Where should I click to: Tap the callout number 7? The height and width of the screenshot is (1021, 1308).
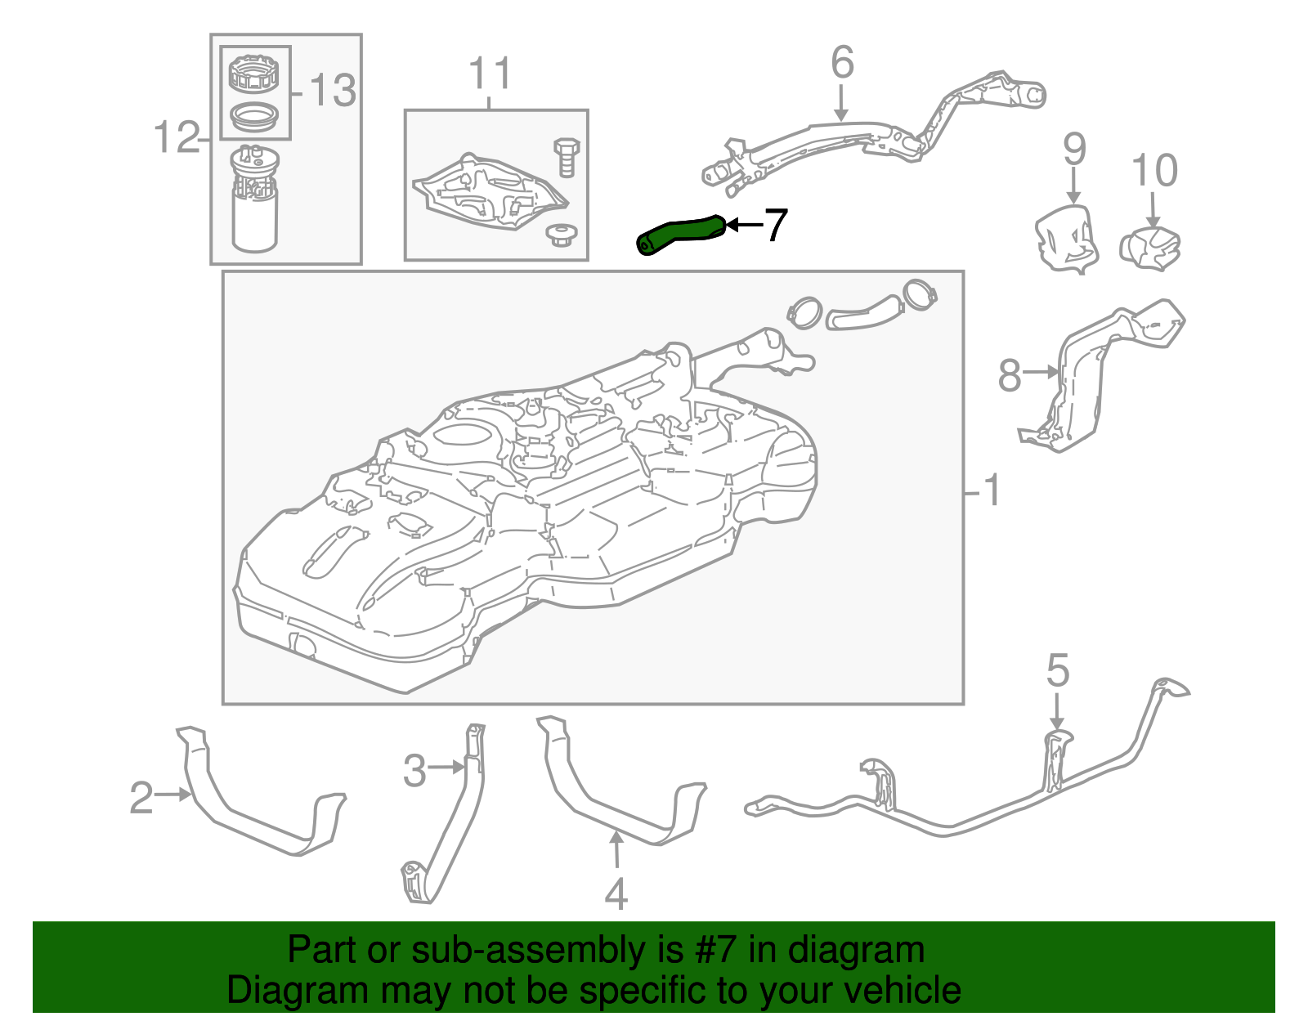775,225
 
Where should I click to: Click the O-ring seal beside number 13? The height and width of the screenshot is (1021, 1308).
254,116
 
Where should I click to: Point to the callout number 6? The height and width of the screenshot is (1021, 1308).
842,63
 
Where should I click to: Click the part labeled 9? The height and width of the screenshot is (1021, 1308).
1065,238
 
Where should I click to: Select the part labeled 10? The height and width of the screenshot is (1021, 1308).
1151,248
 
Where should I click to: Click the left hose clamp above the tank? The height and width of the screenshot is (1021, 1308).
804,312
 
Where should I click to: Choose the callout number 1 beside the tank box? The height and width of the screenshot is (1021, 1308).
991,490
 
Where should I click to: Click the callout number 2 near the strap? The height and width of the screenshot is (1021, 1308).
141,798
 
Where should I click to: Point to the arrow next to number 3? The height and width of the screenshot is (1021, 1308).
446,767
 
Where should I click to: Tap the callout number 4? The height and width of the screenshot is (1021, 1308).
616,893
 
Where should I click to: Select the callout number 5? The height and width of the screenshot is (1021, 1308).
1057,671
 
